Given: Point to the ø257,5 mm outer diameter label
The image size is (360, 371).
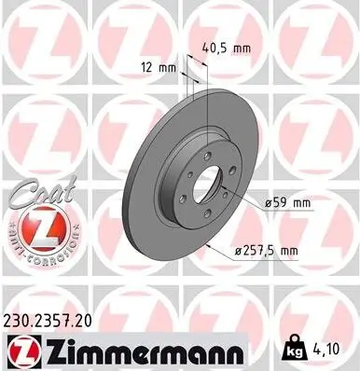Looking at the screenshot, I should pos(265,249).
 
